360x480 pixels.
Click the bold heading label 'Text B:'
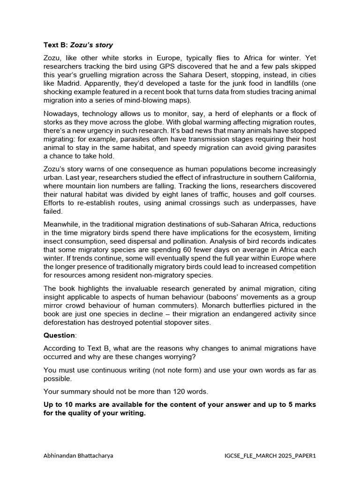pos(56,45)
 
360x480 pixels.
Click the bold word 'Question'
pos(59,335)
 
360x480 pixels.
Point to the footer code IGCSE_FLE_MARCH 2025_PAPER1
pos(270,455)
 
